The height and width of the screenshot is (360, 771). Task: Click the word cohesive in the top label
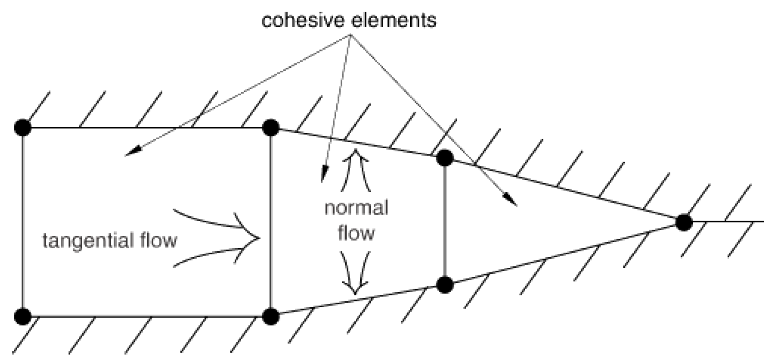tap(299, 20)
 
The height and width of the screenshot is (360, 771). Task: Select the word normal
tap(356, 208)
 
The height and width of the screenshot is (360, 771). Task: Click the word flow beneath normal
tap(356, 233)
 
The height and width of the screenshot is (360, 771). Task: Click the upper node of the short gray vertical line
tap(444, 158)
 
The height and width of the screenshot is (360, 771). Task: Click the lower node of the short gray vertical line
tap(444, 285)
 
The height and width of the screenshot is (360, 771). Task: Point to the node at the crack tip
tap(683, 222)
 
